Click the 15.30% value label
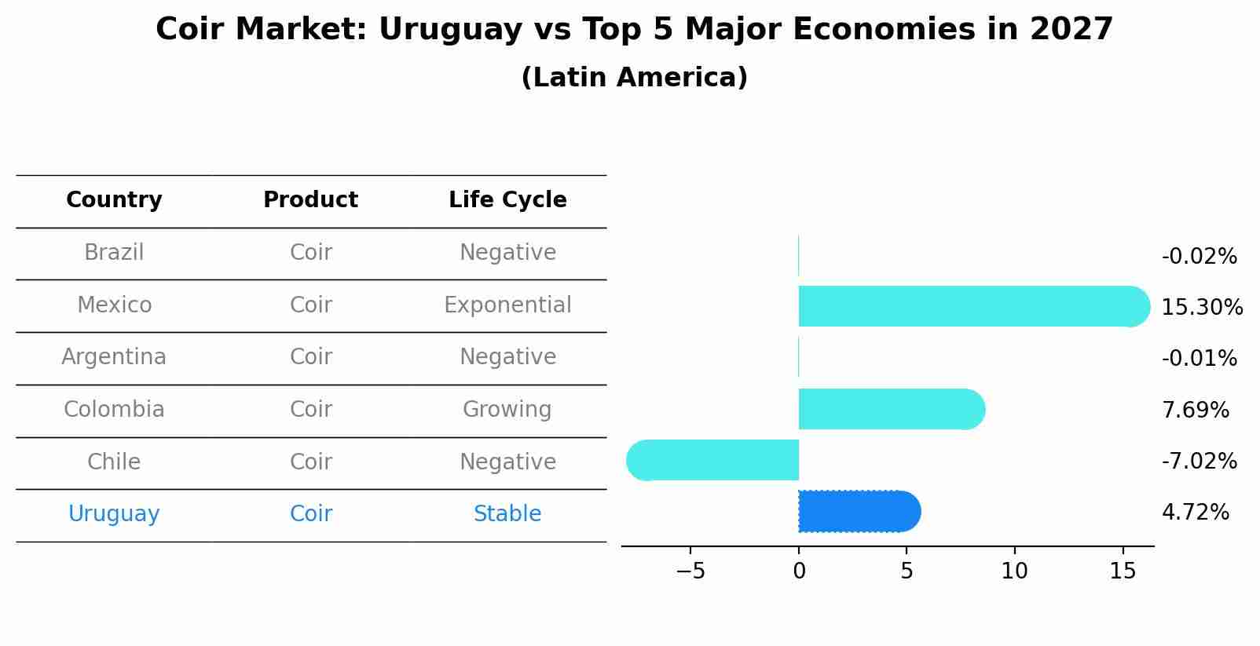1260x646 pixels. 1201,307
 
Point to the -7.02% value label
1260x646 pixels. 1199,461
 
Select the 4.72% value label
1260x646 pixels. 1195,513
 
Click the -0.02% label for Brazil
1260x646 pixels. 1199,257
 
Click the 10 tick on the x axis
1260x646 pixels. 1014,571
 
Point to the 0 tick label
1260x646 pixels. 799,571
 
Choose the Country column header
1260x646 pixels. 114,200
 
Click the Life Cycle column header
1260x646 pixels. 507,200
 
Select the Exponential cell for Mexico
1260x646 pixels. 507,305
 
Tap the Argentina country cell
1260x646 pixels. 114,357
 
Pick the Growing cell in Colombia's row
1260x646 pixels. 507,409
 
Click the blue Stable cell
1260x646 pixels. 507,514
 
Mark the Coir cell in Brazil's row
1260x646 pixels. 311,253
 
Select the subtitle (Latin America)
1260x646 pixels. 634,78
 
